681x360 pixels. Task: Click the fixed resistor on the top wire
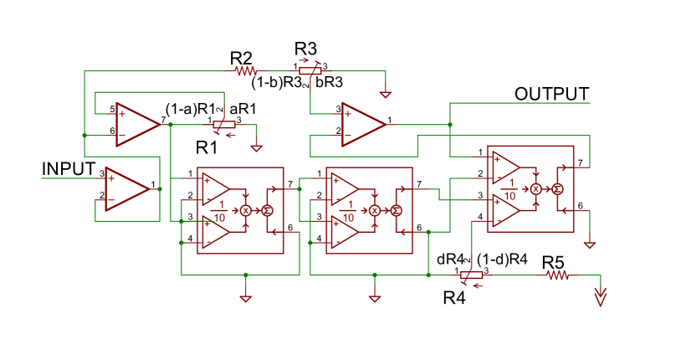[x=246, y=71]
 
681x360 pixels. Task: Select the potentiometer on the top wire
[x=310, y=70]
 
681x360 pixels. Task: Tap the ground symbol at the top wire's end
[x=386, y=95]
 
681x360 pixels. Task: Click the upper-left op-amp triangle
[x=137, y=125]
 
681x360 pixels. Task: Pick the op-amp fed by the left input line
[x=126, y=188]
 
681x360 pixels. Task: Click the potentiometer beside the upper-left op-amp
[x=224, y=126]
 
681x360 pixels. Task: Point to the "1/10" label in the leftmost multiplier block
[x=220, y=212]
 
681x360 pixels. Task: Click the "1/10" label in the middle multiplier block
[x=349, y=212]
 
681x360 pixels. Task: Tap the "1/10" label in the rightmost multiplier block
[x=509, y=191]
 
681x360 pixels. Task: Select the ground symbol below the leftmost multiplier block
[x=246, y=298]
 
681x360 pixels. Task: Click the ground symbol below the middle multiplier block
[x=375, y=298]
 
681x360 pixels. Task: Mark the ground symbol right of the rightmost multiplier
[x=590, y=245]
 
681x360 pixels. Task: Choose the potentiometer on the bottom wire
[x=472, y=275]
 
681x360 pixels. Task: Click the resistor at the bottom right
[x=558, y=275]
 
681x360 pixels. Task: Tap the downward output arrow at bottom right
[x=600, y=296]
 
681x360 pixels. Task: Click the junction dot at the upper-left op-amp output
[x=171, y=125]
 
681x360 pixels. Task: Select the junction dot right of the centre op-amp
[x=450, y=125]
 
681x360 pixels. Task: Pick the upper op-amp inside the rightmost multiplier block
[x=504, y=167]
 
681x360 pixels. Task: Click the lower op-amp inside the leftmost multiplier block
[x=215, y=232]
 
